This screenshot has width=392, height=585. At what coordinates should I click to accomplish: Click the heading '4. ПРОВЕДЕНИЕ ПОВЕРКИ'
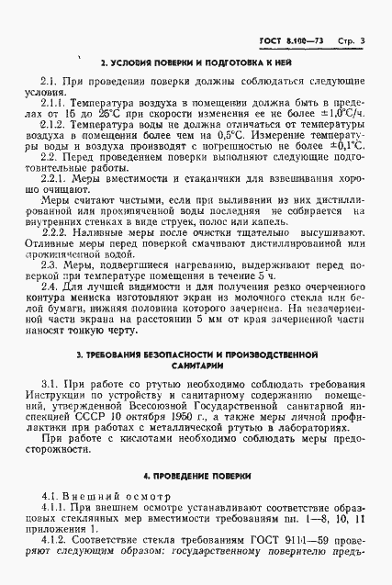196,502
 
